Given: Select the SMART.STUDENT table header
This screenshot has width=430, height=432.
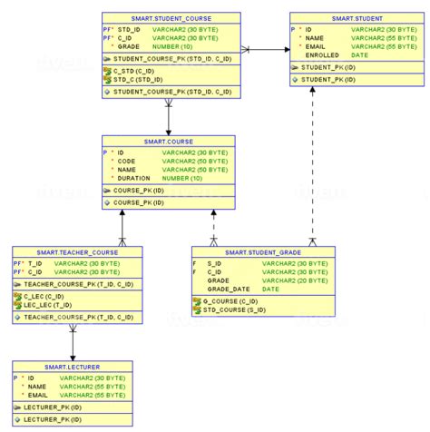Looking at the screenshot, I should [x=356, y=18].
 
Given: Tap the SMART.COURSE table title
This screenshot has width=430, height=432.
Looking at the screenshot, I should [x=169, y=142].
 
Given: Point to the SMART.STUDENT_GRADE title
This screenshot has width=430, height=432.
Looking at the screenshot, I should [x=263, y=251].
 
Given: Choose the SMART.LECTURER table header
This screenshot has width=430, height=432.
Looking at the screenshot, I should [x=71, y=366].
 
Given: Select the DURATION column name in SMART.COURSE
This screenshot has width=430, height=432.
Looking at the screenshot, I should [x=134, y=178].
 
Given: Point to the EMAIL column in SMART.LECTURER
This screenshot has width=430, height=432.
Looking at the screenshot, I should [x=37, y=395].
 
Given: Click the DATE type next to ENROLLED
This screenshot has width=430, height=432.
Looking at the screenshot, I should [x=358, y=54].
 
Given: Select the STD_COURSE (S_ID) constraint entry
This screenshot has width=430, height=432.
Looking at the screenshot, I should [x=236, y=309].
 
